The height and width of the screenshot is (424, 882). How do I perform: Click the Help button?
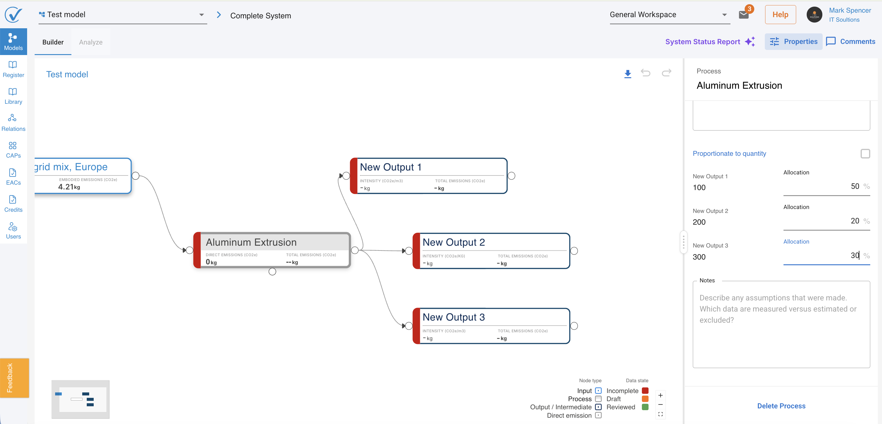(x=780, y=15)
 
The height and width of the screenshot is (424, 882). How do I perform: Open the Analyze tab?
(x=91, y=42)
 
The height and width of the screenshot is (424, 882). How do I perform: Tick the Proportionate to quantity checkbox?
(x=865, y=154)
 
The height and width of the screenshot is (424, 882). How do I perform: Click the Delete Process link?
(x=781, y=406)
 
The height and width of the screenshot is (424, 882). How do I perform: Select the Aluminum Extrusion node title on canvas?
(x=251, y=242)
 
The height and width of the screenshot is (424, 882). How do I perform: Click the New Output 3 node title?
(x=454, y=317)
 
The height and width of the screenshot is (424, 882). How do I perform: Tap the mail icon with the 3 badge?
(x=743, y=15)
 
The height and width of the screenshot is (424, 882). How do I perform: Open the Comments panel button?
(x=850, y=42)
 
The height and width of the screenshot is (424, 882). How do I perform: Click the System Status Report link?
(x=702, y=42)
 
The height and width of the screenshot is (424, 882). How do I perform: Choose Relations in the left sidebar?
(x=13, y=123)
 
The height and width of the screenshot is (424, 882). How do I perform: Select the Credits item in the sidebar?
(x=13, y=204)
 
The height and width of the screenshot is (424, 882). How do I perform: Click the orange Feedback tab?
(x=14, y=378)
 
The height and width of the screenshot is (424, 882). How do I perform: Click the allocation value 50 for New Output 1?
(x=855, y=186)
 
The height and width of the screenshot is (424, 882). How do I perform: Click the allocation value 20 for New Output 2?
(x=855, y=221)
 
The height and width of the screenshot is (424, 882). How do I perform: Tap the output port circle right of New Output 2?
(x=574, y=250)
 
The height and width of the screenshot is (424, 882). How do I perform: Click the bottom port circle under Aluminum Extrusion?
(x=272, y=272)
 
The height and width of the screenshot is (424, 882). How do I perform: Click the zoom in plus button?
(x=661, y=395)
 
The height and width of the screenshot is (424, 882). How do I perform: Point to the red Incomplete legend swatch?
(x=645, y=391)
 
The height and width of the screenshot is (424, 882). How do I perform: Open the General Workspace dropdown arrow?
(x=724, y=15)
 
